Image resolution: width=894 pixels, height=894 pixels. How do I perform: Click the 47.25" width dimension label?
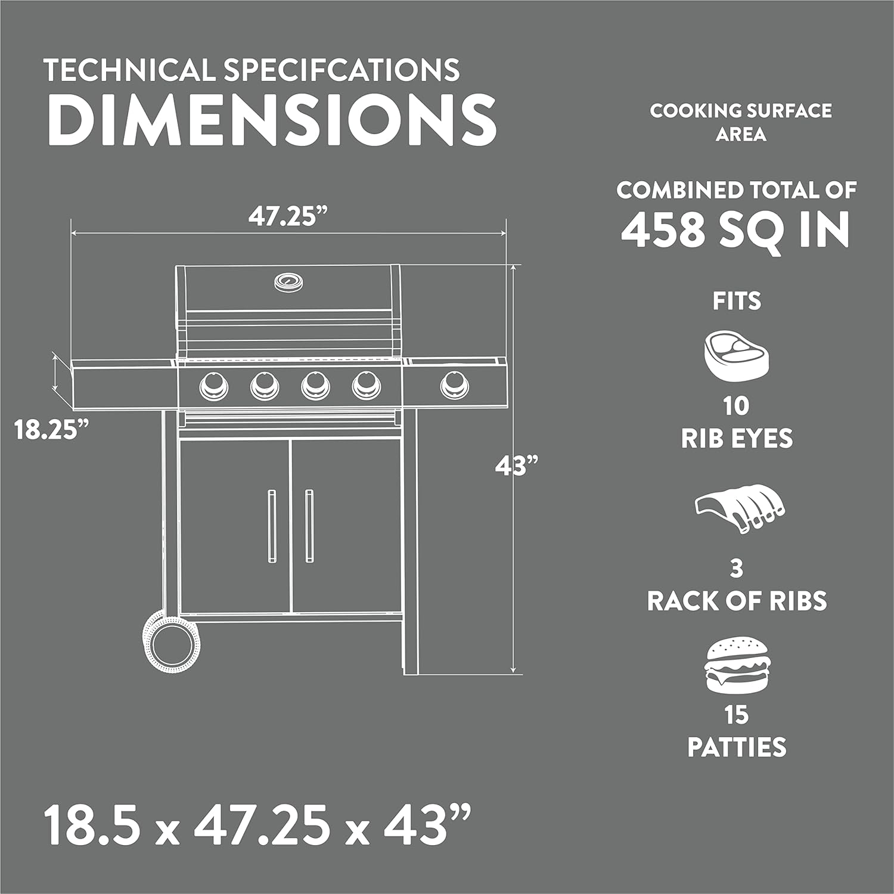click(x=289, y=216)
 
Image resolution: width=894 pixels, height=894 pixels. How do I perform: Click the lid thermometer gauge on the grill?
click(x=288, y=281)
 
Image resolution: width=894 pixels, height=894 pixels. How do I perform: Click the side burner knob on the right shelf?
click(x=454, y=384)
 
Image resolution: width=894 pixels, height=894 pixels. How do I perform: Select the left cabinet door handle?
click(x=272, y=526)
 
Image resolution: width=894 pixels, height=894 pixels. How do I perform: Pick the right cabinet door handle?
click(x=309, y=526)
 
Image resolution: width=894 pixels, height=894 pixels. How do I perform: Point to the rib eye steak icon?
click(x=737, y=356)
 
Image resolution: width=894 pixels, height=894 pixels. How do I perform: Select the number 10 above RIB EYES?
click(x=737, y=406)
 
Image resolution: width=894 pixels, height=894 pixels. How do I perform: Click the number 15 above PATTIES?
click(x=737, y=715)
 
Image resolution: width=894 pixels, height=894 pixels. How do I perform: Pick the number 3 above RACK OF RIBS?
click(x=737, y=569)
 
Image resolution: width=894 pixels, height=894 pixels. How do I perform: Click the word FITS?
click(x=737, y=301)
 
